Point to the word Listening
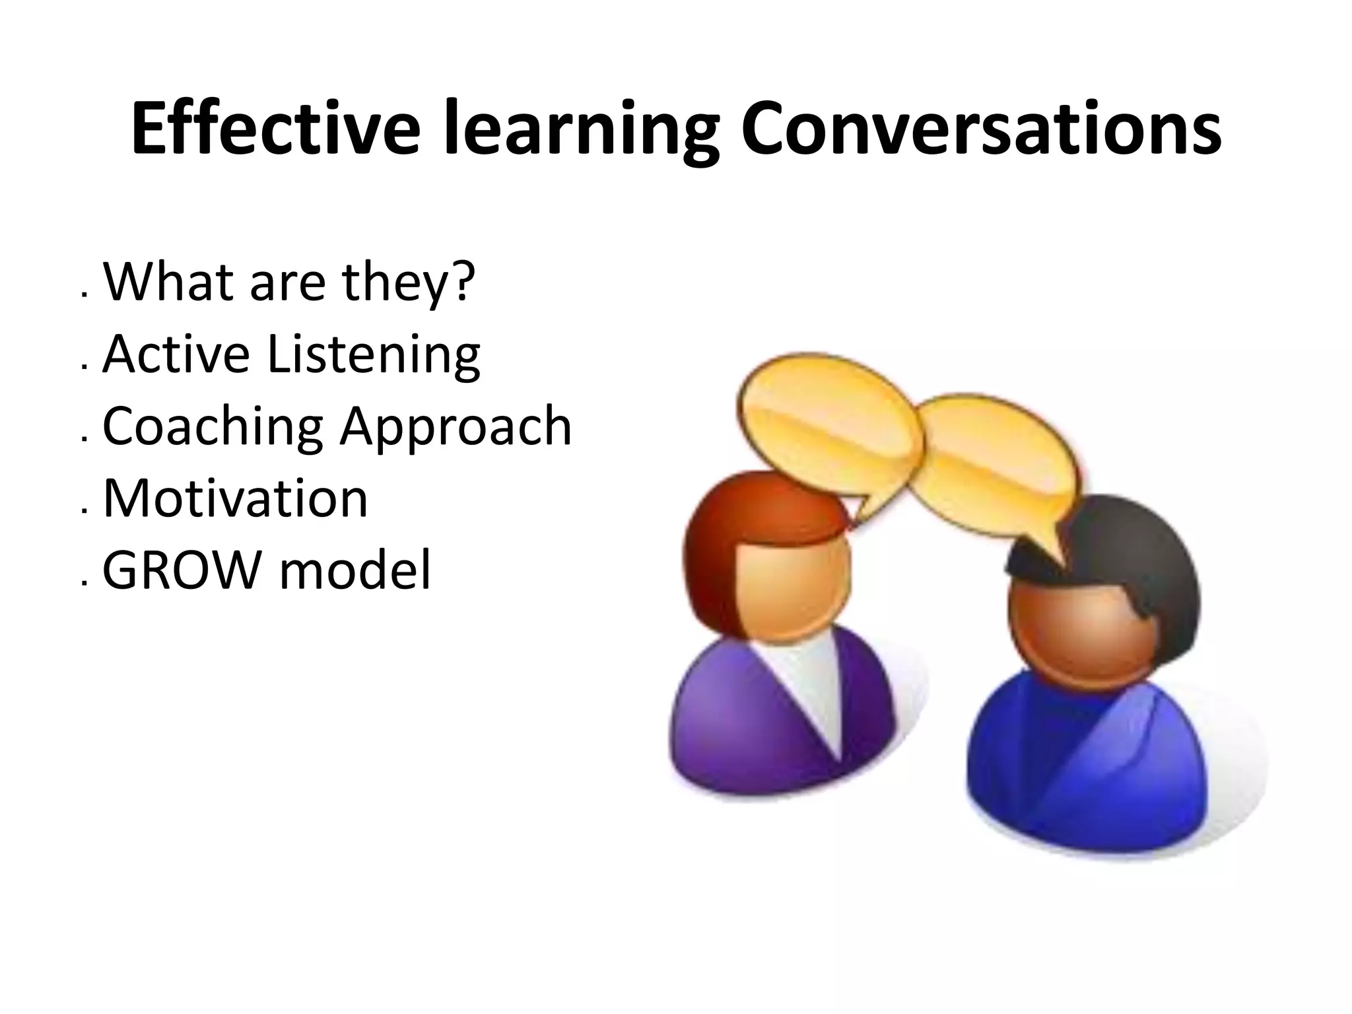coord(374,355)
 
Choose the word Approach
coord(456,428)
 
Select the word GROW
coord(181,569)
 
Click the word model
coord(355,569)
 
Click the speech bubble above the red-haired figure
coord(825,422)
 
